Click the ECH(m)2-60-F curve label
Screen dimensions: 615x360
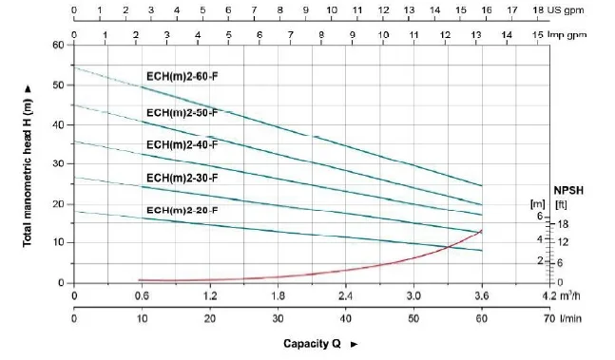(x=182, y=76)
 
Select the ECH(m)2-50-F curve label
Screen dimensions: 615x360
(x=182, y=113)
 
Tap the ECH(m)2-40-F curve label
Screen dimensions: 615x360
(x=182, y=145)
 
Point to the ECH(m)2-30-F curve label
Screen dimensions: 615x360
(x=182, y=179)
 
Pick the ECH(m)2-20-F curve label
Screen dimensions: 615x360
(x=182, y=210)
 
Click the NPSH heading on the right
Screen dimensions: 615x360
(x=568, y=191)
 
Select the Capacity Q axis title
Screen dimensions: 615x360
(x=312, y=344)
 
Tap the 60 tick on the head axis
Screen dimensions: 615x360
(x=58, y=45)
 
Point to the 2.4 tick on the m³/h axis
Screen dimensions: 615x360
(x=346, y=295)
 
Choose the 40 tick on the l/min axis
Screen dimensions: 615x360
(x=346, y=318)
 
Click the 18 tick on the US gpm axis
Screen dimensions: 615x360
(x=538, y=10)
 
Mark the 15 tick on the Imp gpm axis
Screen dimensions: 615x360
(x=538, y=35)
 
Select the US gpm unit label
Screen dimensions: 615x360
(x=566, y=10)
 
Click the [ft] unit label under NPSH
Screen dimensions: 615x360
(x=561, y=205)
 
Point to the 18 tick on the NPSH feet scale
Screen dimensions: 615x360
(x=563, y=224)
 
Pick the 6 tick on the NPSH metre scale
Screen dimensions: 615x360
(x=540, y=216)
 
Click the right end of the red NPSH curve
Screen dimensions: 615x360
(x=482, y=231)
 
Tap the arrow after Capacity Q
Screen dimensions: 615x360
(x=355, y=345)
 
